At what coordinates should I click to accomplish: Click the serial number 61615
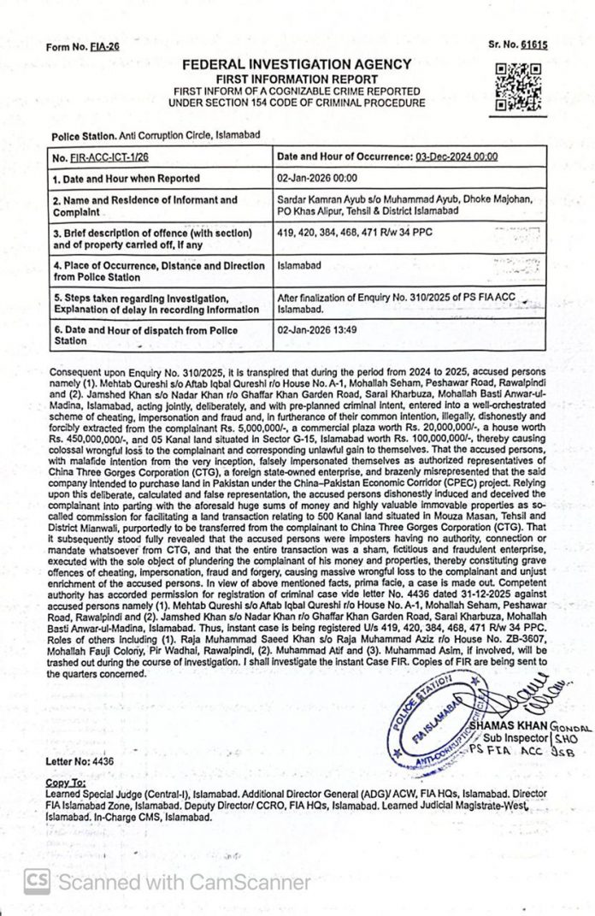click(538, 44)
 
